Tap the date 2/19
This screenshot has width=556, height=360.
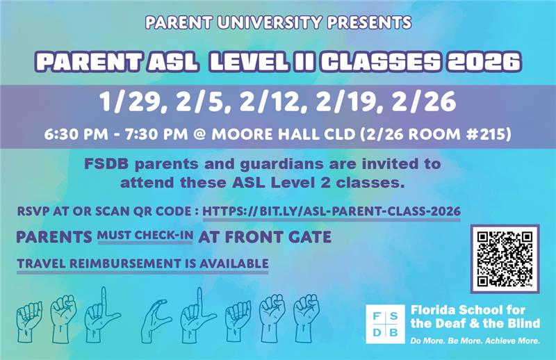pyautogui.click(x=351, y=103)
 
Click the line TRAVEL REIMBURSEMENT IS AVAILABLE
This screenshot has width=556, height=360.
pyautogui.click(x=142, y=263)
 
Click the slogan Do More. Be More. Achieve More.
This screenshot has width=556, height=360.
pyautogui.click(x=475, y=341)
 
